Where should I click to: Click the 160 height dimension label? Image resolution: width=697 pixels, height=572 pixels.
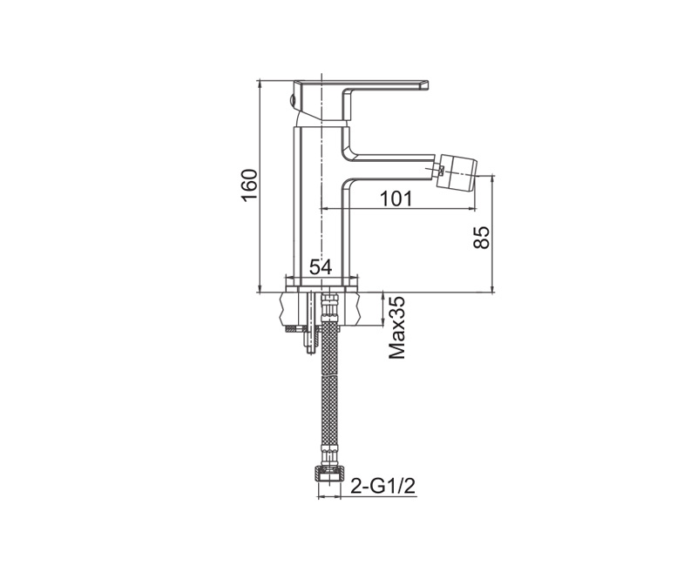tap(249, 185)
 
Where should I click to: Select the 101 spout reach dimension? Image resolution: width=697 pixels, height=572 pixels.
tap(396, 199)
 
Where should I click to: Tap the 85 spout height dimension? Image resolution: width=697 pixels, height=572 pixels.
tap(482, 237)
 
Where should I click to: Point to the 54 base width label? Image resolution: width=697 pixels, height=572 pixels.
tap(321, 267)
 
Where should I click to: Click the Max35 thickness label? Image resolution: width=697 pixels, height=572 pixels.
tap(397, 328)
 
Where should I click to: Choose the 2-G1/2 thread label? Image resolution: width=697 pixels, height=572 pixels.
tap(383, 486)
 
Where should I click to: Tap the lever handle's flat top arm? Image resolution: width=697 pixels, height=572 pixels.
tap(361, 86)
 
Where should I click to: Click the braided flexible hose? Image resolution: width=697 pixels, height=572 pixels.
tap(329, 395)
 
